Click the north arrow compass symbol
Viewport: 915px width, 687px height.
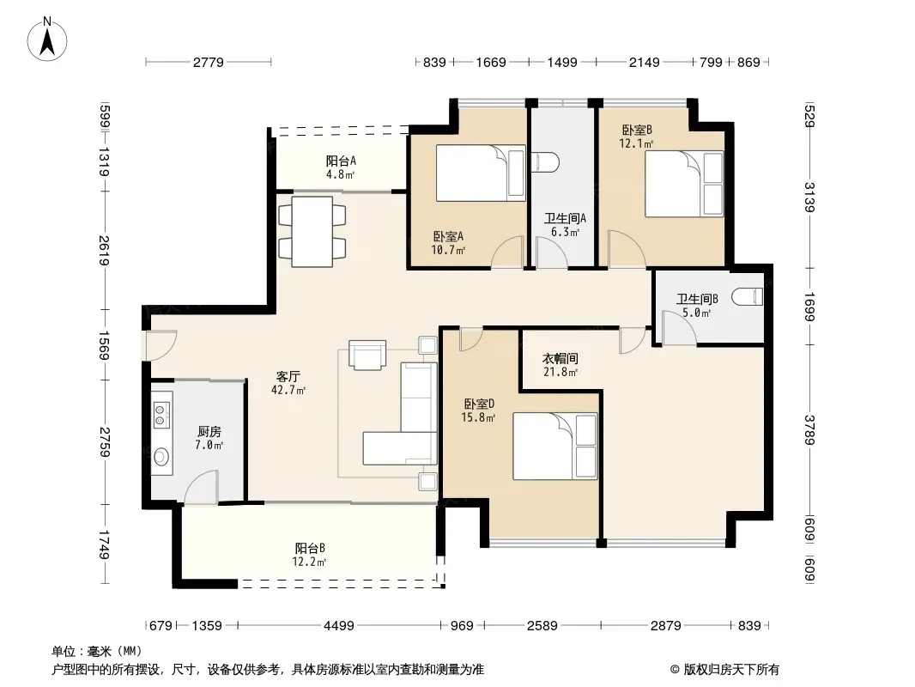(47, 40)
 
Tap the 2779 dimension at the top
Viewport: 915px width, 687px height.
(209, 62)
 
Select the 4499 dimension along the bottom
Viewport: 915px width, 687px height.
(339, 626)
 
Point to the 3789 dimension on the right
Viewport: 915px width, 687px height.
(809, 429)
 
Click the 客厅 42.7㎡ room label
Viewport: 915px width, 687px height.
(288, 383)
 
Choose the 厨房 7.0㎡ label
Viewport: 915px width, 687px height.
(209, 438)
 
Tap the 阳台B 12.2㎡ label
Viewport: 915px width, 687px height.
(309, 555)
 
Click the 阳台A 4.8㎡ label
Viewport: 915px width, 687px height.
(341, 167)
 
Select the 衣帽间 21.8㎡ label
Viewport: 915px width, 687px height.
(561, 365)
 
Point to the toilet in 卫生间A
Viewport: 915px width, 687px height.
(546, 162)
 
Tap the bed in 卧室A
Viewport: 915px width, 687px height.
(481, 173)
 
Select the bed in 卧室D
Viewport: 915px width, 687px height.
(555, 446)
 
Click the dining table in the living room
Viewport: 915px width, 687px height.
(312, 232)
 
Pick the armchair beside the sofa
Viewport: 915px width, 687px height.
(367, 355)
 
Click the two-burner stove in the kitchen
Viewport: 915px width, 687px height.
(161, 412)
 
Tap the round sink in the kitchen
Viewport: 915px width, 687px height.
(161, 457)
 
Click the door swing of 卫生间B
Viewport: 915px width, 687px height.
(679, 328)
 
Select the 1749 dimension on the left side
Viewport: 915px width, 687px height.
(104, 544)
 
